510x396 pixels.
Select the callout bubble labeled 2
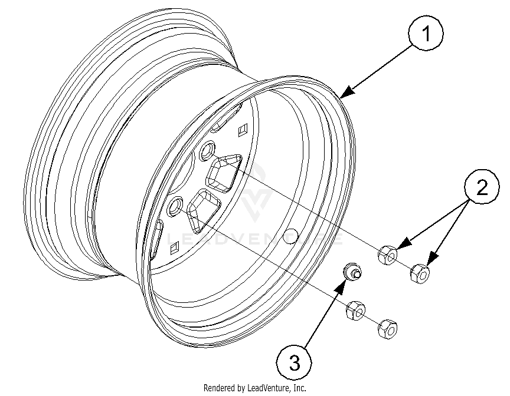[x=482, y=187]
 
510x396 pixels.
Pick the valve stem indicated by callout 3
[x=352, y=272]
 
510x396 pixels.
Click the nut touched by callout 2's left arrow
[x=387, y=255]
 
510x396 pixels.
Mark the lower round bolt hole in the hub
[x=176, y=206]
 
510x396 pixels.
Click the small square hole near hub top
[x=241, y=129]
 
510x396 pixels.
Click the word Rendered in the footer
[x=220, y=388]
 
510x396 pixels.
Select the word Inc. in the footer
[x=299, y=388]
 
